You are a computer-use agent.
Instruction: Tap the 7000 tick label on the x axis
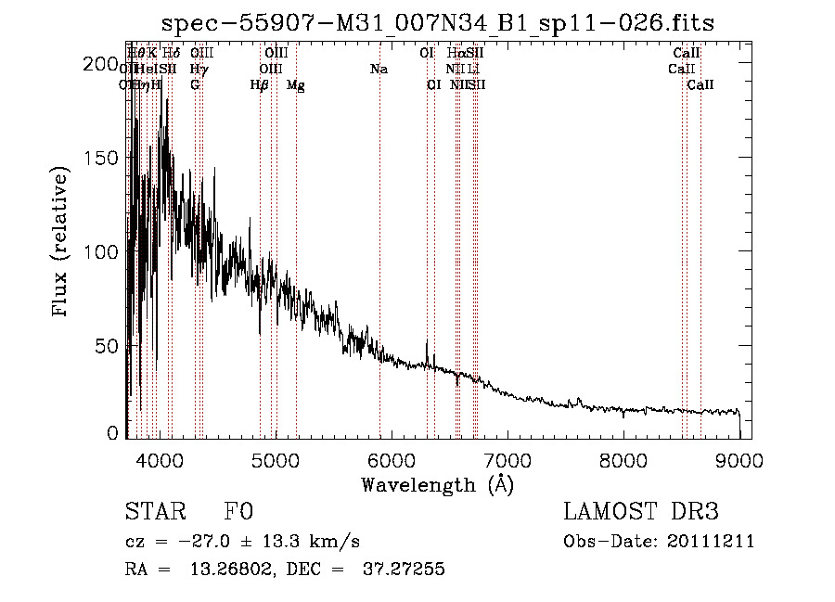(x=507, y=459)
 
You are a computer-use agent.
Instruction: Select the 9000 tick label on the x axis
(x=739, y=459)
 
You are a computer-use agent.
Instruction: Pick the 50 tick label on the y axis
(x=108, y=346)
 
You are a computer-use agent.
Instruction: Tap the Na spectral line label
(x=379, y=70)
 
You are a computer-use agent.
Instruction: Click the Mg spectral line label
(x=296, y=85)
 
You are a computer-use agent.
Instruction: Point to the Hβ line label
(x=259, y=85)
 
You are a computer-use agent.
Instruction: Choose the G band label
(x=195, y=85)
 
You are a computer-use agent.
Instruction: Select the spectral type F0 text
(x=238, y=512)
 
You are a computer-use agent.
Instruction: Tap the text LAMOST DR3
(x=641, y=512)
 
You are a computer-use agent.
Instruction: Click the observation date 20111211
(x=714, y=542)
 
